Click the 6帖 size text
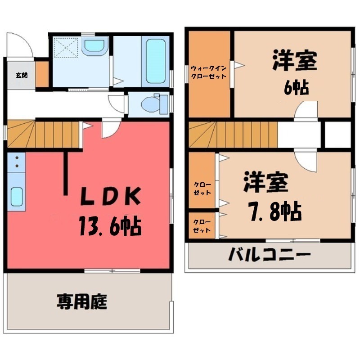(296, 88)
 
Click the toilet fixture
(149, 104)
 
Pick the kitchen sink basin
(17, 196)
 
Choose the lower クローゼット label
(202, 226)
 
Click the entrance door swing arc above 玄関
(21, 46)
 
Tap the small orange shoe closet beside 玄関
(42, 74)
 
